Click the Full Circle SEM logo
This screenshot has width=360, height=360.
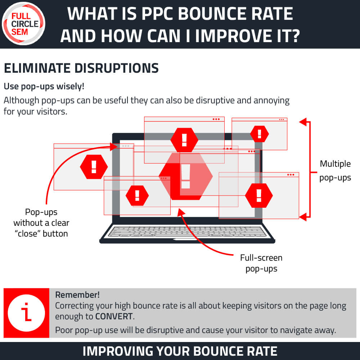[x=23, y=23]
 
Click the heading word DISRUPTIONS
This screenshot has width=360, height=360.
[x=116, y=68]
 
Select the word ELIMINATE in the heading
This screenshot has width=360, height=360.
[x=37, y=68]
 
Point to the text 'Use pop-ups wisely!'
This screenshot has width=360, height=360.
[x=44, y=86]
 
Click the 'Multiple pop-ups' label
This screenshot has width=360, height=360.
[x=335, y=171]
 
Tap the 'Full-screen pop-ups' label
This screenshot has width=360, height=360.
[x=261, y=263]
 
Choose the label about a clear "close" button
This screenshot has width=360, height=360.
[x=41, y=223]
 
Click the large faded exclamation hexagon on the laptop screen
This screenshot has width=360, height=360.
[x=186, y=176]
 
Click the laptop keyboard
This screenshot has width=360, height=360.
[x=187, y=231]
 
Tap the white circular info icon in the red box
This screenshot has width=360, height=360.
[x=26, y=313]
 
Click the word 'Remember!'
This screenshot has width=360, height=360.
[x=77, y=295]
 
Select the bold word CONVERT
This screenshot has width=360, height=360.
[x=114, y=316]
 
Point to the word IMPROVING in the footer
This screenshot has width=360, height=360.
[x=117, y=351]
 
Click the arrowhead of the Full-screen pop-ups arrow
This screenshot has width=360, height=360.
[x=181, y=212]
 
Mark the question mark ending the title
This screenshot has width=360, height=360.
[x=295, y=36]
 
